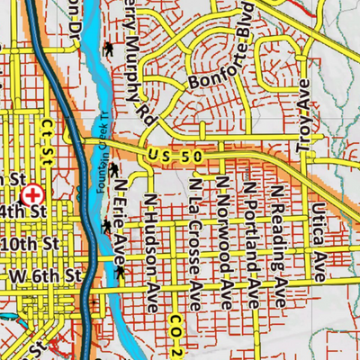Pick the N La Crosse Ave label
pos(194,239)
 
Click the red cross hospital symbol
pos(33,193)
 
